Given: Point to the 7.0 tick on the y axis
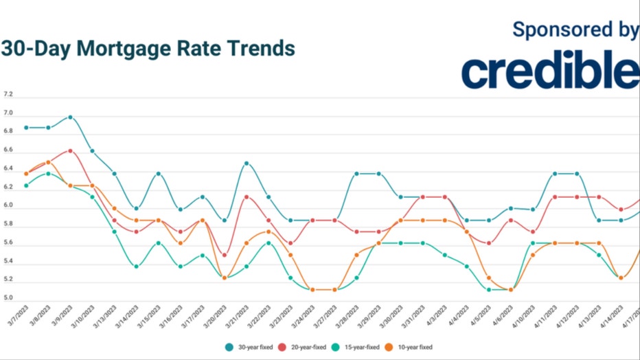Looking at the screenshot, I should tap(8, 113).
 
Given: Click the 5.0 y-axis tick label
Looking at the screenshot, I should tap(8, 299).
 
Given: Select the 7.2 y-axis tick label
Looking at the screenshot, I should tap(8, 95).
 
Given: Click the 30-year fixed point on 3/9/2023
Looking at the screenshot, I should tap(70, 117).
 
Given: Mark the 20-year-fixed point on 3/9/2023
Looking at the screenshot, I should tap(70, 150).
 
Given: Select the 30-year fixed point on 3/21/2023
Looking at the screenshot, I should tap(246, 164).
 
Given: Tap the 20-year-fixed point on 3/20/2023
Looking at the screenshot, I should tap(225, 255).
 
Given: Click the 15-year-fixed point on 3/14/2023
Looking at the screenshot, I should tap(136, 267).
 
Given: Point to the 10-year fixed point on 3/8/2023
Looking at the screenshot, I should tap(48, 163).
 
